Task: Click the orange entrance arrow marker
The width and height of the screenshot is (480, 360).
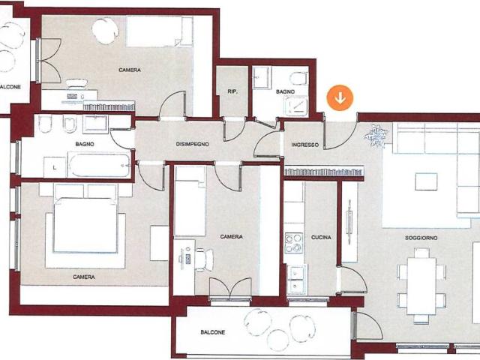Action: (x=340, y=98)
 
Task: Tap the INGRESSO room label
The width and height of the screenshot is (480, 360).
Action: (x=305, y=145)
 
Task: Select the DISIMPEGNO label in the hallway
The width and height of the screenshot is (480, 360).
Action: (x=193, y=144)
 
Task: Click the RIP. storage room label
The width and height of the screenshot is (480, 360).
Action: (x=232, y=91)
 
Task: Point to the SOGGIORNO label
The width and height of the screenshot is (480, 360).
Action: (x=421, y=238)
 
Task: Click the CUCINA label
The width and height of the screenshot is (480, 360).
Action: (x=321, y=237)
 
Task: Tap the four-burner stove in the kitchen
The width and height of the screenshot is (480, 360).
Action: (x=294, y=243)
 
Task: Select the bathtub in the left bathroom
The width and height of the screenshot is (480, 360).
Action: (x=100, y=165)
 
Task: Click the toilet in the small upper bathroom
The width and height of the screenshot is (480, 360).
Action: (x=299, y=78)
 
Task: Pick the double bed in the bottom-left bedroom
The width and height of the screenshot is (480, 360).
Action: (x=85, y=225)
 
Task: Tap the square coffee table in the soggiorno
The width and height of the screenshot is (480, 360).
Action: (x=426, y=181)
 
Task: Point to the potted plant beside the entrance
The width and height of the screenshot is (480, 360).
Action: (x=376, y=136)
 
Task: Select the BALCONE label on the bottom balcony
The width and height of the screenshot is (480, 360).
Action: (x=213, y=332)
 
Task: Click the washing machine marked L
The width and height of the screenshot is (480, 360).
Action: (x=55, y=167)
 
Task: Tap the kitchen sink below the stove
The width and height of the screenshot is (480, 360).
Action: (x=296, y=279)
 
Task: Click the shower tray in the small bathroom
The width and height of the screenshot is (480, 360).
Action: (x=295, y=106)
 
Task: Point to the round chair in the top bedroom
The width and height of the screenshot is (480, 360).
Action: (x=105, y=31)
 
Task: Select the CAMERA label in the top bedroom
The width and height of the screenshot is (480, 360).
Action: (x=130, y=70)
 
